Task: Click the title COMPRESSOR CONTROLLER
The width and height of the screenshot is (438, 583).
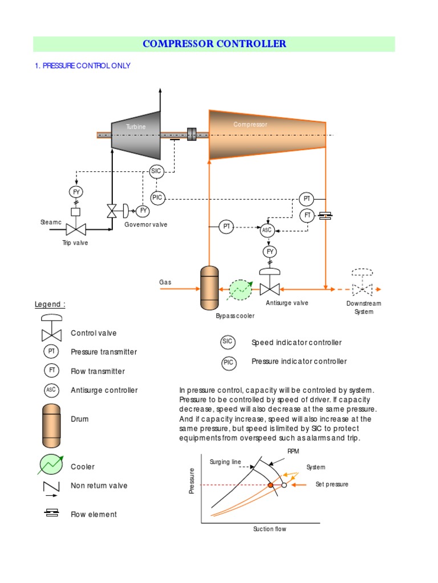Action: pos(214,44)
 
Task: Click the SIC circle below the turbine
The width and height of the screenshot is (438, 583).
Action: pos(156,171)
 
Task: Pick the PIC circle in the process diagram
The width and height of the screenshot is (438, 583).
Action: pos(157,198)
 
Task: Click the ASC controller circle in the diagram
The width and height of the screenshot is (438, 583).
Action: pos(267,231)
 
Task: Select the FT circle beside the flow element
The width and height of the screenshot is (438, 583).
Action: pos(307,215)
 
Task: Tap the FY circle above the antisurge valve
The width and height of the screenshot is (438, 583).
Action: pos(270,251)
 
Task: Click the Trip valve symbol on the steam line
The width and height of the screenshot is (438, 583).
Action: pos(75,229)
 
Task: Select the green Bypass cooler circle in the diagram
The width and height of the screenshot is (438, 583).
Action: pos(240,290)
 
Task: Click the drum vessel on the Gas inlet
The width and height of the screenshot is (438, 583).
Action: pos(209,288)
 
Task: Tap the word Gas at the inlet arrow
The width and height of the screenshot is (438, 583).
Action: pos(165,282)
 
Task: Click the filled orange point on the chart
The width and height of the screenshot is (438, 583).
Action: pos(271,485)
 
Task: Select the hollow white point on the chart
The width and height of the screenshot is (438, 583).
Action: pos(283,485)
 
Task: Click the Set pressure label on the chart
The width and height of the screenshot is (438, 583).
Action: pos(331,485)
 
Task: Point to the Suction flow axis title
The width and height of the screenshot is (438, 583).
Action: pos(269,529)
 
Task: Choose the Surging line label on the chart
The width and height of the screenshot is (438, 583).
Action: pos(225,462)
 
